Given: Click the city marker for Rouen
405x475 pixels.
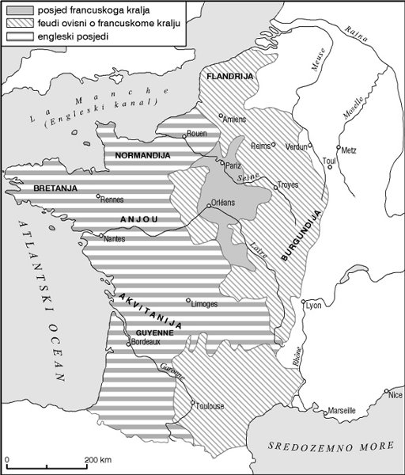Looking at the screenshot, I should [184, 135].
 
